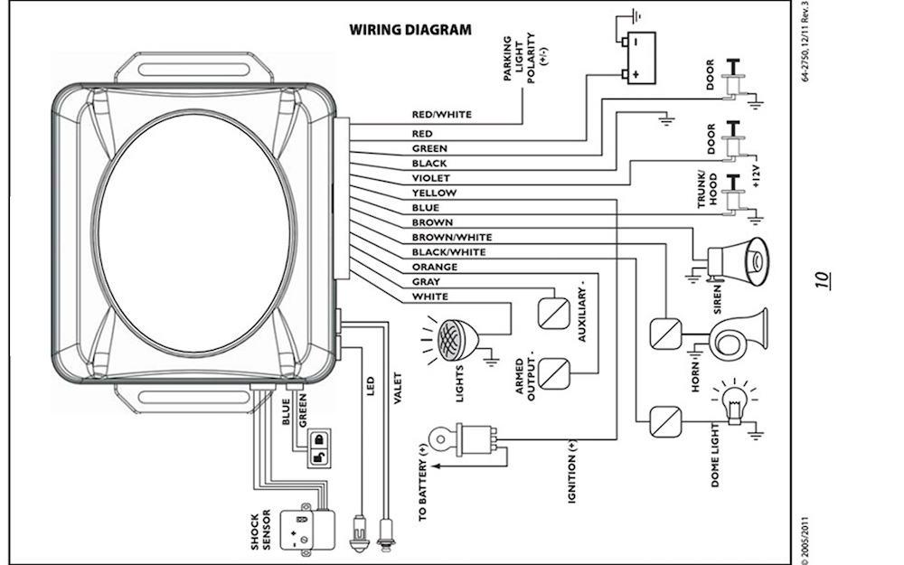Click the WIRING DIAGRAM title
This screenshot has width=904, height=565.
tap(410, 29)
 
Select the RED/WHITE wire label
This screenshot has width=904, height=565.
tap(441, 115)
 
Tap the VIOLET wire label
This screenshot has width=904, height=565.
tap(430, 178)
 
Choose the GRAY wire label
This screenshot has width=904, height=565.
tap(426, 282)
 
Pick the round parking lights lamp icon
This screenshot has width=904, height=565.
tap(453, 339)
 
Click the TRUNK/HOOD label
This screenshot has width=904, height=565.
tap(706, 189)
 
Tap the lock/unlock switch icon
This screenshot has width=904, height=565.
tap(319, 447)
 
